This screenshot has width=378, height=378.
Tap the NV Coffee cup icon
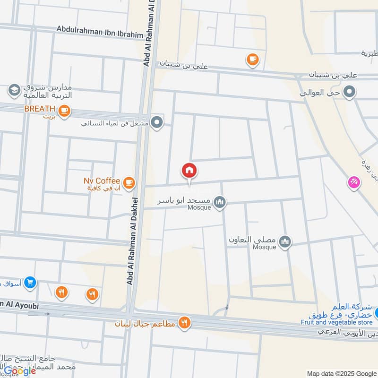click(129, 182)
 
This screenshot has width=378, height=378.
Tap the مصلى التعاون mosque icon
click(284, 242)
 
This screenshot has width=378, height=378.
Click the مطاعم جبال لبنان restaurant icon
click(184, 323)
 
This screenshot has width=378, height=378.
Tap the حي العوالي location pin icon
click(349, 91)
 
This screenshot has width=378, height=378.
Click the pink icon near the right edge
click(353, 182)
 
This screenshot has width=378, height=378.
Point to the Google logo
click(20, 371)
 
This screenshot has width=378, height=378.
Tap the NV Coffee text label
click(101, 181)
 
